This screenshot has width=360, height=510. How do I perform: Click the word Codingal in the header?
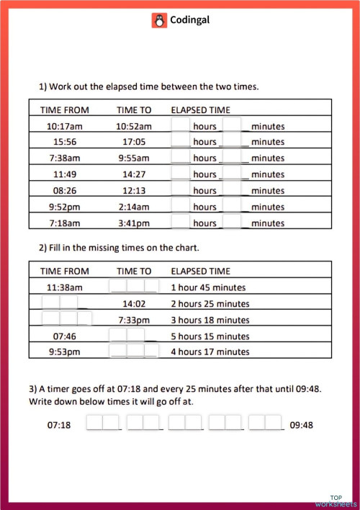click(x=190, y=20)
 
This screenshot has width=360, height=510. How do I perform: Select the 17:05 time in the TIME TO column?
click(x=133, y=142)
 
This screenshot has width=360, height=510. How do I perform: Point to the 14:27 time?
click(x=133, y=174)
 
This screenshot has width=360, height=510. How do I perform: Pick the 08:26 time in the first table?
click(x=65, y=191)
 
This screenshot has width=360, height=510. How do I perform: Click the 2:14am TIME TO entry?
click(x=133, y=207)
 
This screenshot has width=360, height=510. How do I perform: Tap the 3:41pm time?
click(x=133, y=223)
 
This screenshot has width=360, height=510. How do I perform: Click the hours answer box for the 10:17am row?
click(x=181, y=125)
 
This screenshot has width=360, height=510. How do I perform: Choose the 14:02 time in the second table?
click(x=134, y=303)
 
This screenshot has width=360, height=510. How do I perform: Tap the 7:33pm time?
click(x=134, y=320)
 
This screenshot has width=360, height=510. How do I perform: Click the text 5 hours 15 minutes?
click(x=210, y=336)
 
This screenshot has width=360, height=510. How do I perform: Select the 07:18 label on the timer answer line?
click(x=59, y=425)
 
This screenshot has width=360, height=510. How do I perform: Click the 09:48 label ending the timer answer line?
click(x=301, y=425)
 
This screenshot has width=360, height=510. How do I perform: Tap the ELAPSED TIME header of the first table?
click(x=200, y=109)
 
